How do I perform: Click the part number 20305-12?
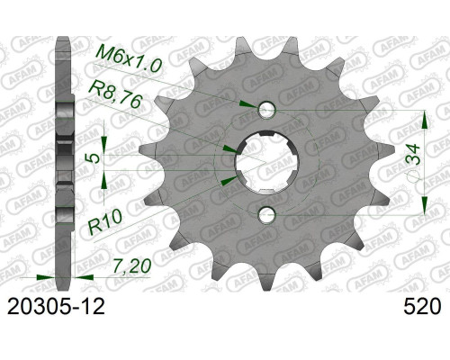(56, 307)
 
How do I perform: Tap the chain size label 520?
(423, 307)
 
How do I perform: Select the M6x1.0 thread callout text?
(128, 60)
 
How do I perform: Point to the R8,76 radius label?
(114, 94)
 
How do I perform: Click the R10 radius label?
(105, 221)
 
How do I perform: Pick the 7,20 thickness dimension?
(132, 266)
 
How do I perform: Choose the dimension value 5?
(94, 158)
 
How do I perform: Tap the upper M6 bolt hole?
(266, 110)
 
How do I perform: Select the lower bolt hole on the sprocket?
(266, 215)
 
